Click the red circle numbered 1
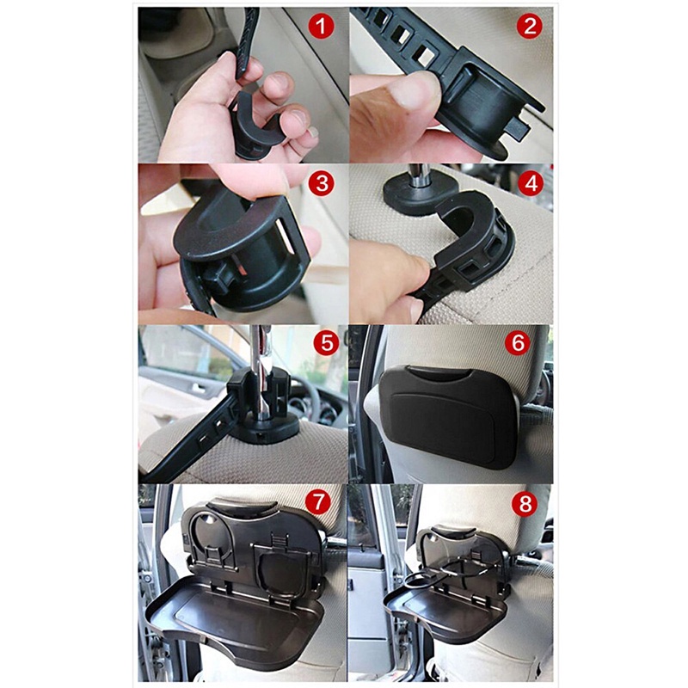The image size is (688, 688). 321,26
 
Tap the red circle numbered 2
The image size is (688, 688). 530,26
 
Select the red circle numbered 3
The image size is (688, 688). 322,183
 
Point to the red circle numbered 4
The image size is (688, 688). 531,183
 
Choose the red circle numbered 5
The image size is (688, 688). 327,342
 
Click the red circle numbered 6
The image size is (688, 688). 518,342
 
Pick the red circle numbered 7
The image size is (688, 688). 318,502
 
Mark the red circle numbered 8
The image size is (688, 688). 525,504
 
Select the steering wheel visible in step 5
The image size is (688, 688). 319,400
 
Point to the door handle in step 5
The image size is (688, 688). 200,389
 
